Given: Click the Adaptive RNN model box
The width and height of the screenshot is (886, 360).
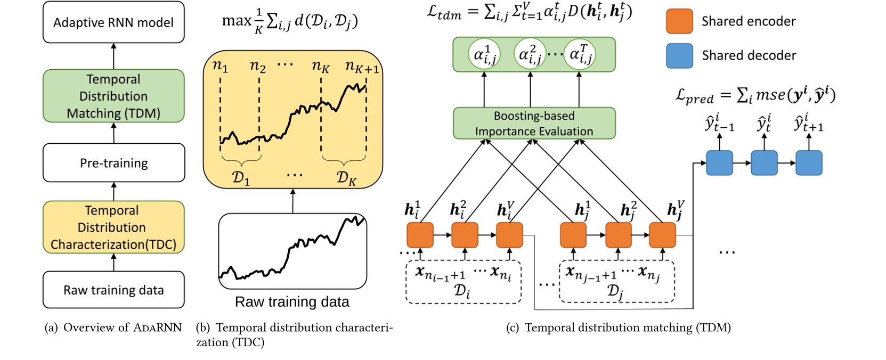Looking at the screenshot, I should pyautogui.click(x=113, y=22).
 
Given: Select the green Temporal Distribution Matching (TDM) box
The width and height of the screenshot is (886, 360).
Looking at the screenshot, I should pyautogui.click(x=113, y=96).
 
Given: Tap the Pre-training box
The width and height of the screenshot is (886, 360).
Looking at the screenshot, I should pyautogui.click(x=113, y=163).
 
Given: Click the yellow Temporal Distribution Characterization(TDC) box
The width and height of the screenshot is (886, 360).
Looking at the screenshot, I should pyautogui.click(x=113, y=227).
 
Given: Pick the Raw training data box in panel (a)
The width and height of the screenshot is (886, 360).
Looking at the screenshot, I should pyautogui.click(x=113, y=290).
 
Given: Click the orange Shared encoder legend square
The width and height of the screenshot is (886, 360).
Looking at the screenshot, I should pyautogui.click(x=679, y=21).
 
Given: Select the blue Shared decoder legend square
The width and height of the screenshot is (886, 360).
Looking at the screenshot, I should pyautogui.click(x=679, y=55).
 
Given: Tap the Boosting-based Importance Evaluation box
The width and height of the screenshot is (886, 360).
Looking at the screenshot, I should pyautogui.click(x=534, y=124).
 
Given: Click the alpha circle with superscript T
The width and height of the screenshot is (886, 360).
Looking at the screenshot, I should pyautogui.click(x=580, y=54).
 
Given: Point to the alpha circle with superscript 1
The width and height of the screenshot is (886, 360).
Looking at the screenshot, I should pyautogui.click(x=484, y=54).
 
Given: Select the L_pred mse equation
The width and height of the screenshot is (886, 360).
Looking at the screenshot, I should pyautogui.click(x=754, y=96).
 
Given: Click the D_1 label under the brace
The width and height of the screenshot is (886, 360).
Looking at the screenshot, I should pyautogui.click(x=241, y=177).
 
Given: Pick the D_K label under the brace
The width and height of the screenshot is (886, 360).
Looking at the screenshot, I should pyautogui.click(x=346, y=177).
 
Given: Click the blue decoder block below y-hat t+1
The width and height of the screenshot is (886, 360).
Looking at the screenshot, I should pyautogui.click(x=809, y=163).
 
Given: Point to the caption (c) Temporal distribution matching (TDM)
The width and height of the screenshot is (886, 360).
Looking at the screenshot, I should pyautogui.click(x=618, y=328).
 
